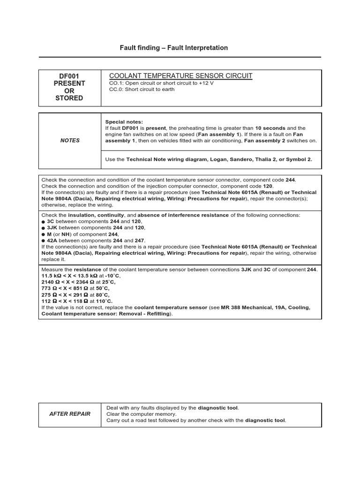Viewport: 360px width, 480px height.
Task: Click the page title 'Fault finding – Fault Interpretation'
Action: click(174, 48)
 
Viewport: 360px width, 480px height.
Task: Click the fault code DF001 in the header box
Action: click(69, 76)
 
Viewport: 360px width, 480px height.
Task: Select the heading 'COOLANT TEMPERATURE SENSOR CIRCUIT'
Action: click(180, 76)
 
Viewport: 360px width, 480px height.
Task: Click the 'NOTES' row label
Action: click(70, 140)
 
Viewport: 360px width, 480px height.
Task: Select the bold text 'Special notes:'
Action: click(124, 122)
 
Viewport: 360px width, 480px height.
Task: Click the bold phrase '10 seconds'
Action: click(270, 128)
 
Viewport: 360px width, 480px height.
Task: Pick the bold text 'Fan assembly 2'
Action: click(264, 140)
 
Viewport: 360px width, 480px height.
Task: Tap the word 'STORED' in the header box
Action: click(69, 98)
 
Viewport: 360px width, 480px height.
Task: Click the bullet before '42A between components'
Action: click(44, 240)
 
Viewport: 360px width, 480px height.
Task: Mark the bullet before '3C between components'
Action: click(44, 221)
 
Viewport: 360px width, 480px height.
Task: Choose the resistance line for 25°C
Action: click(78, 282)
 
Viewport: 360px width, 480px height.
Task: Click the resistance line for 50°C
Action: click(75, 288)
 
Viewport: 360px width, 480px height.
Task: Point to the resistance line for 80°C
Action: click(75, 295)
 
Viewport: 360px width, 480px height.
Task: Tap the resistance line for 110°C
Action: click(77, 301)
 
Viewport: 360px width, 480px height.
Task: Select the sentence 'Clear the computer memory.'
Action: click(142, 414)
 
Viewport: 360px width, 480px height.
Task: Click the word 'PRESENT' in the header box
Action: click(69, 83)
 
